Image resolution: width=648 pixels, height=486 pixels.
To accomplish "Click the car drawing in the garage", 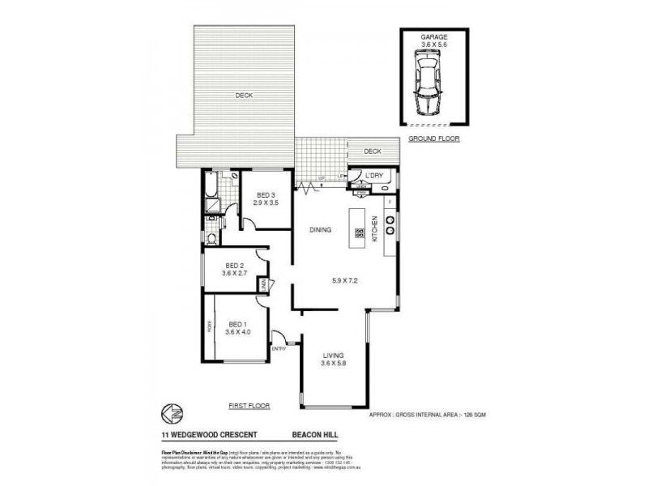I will coord(427,83).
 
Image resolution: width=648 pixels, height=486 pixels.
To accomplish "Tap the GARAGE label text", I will coord(433,37).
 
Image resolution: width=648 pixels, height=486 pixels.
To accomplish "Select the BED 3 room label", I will coord(266,194).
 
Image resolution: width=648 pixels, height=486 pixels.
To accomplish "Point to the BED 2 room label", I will coord(234,265).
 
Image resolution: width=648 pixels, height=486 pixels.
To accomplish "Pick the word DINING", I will coord(321,230).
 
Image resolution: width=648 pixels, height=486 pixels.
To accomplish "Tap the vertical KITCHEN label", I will coord(374,231).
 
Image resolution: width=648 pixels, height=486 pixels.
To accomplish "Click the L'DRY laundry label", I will coord(373,176).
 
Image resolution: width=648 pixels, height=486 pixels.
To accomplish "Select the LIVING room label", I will coord(333,356).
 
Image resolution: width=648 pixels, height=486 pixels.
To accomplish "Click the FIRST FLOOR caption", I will coord(249,406).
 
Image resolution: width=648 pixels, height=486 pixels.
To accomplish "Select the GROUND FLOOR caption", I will coord(433,139).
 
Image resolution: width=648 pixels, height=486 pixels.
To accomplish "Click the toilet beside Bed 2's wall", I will coord(211,238).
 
